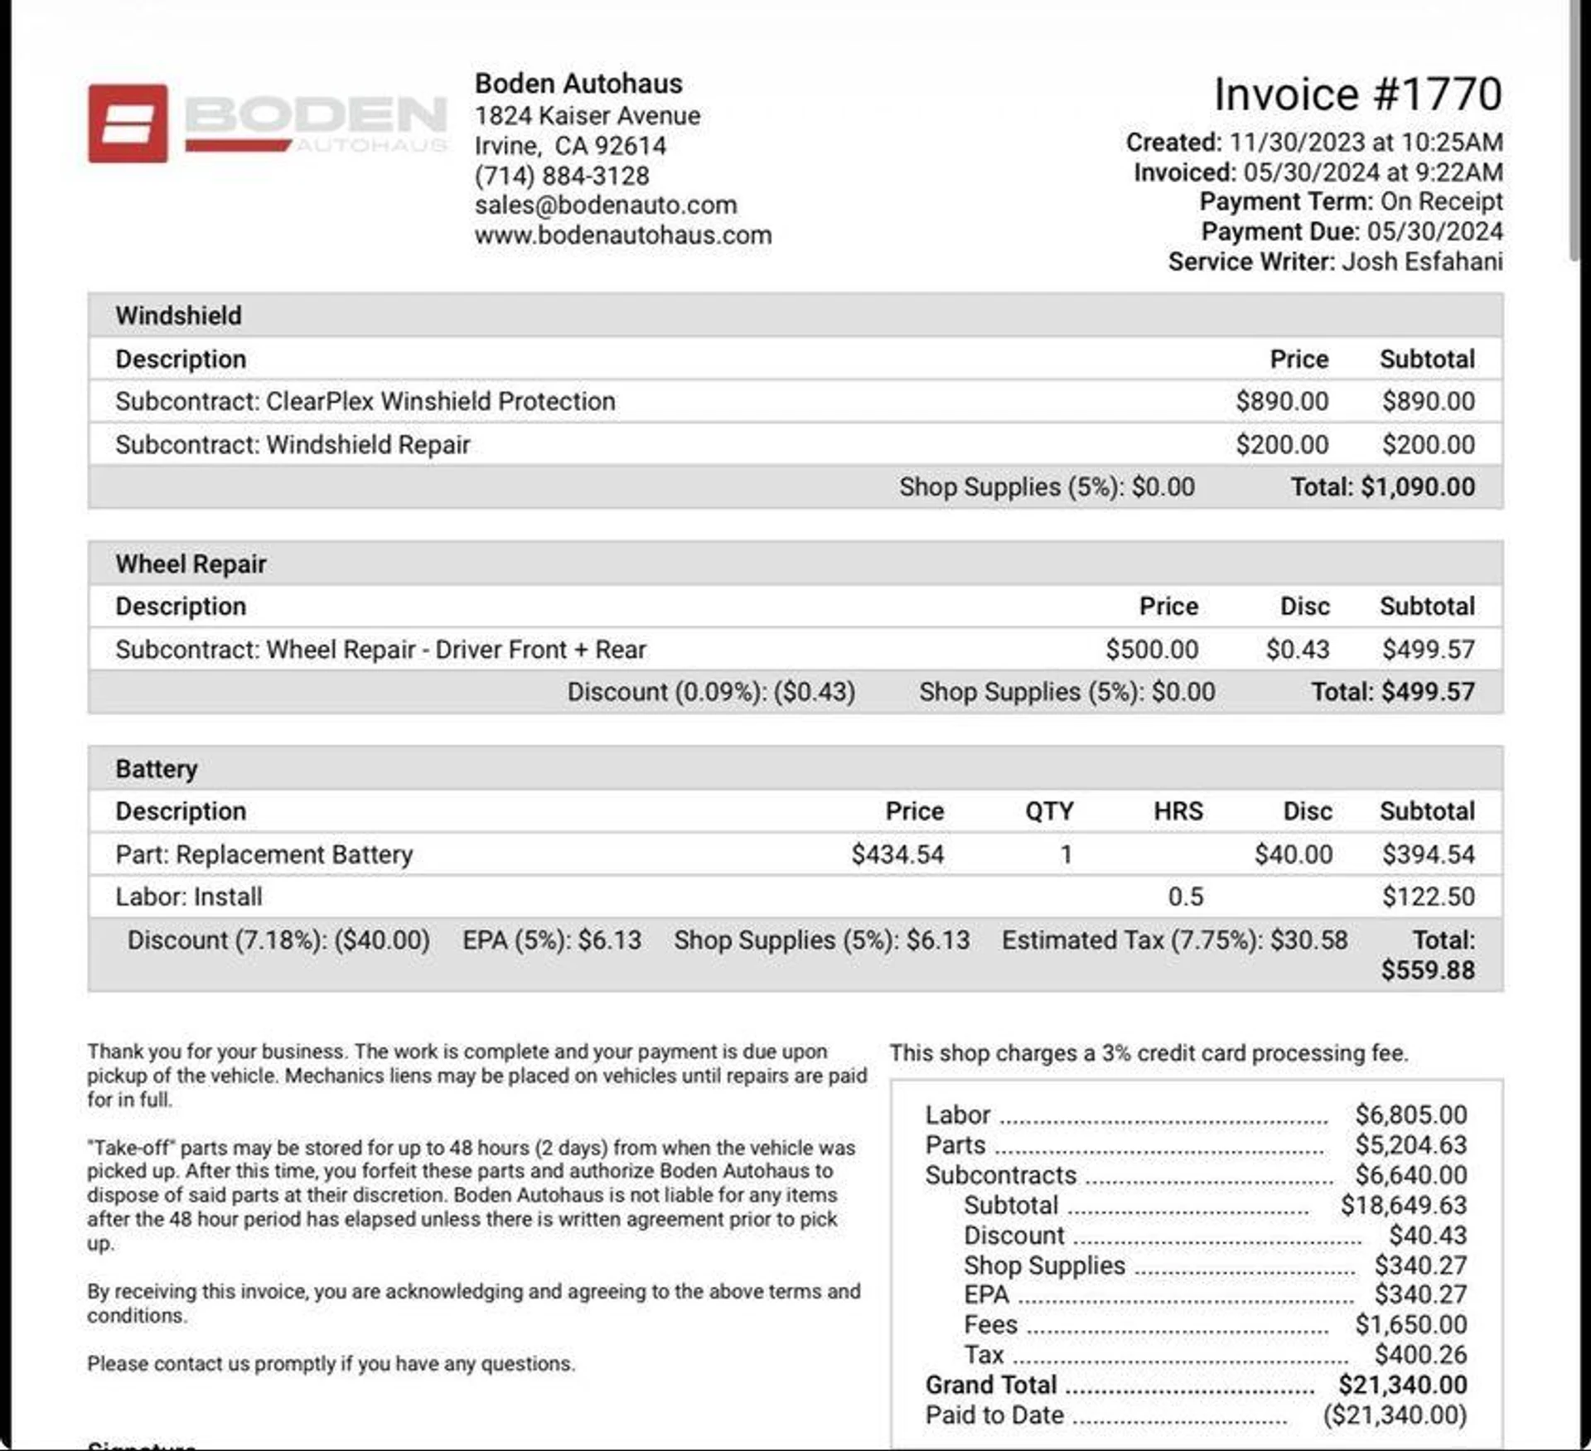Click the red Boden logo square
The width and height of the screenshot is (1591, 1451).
[128, 123]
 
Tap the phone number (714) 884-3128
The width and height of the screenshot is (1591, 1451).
[562, 176]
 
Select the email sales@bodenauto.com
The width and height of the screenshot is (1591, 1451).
[606, 205]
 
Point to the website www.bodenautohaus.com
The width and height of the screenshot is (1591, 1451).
[623, 235]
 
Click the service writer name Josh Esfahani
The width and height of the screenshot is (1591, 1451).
[1422, 262]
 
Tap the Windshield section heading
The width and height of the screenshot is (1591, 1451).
[179, 316]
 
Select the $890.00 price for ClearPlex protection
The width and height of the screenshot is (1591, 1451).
[1282, 401]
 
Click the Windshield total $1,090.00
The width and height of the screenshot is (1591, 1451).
[1417, 487]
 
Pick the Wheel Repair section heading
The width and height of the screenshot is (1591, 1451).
[191, 564]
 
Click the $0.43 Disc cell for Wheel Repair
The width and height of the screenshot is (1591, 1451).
[1298, 650]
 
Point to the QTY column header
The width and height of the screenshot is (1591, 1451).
[1049, 811]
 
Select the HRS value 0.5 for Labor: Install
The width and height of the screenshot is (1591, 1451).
[1186, 897]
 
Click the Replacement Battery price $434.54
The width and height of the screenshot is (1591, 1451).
[897, 854]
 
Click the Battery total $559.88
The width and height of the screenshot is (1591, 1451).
[1428, 970]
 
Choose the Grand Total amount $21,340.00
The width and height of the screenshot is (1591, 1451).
[1403, 1385]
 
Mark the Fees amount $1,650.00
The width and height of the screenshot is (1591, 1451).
[1411, 1324]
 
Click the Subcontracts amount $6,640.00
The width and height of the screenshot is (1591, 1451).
[1411, 1175]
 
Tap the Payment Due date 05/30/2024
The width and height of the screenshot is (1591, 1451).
[1435, 232]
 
